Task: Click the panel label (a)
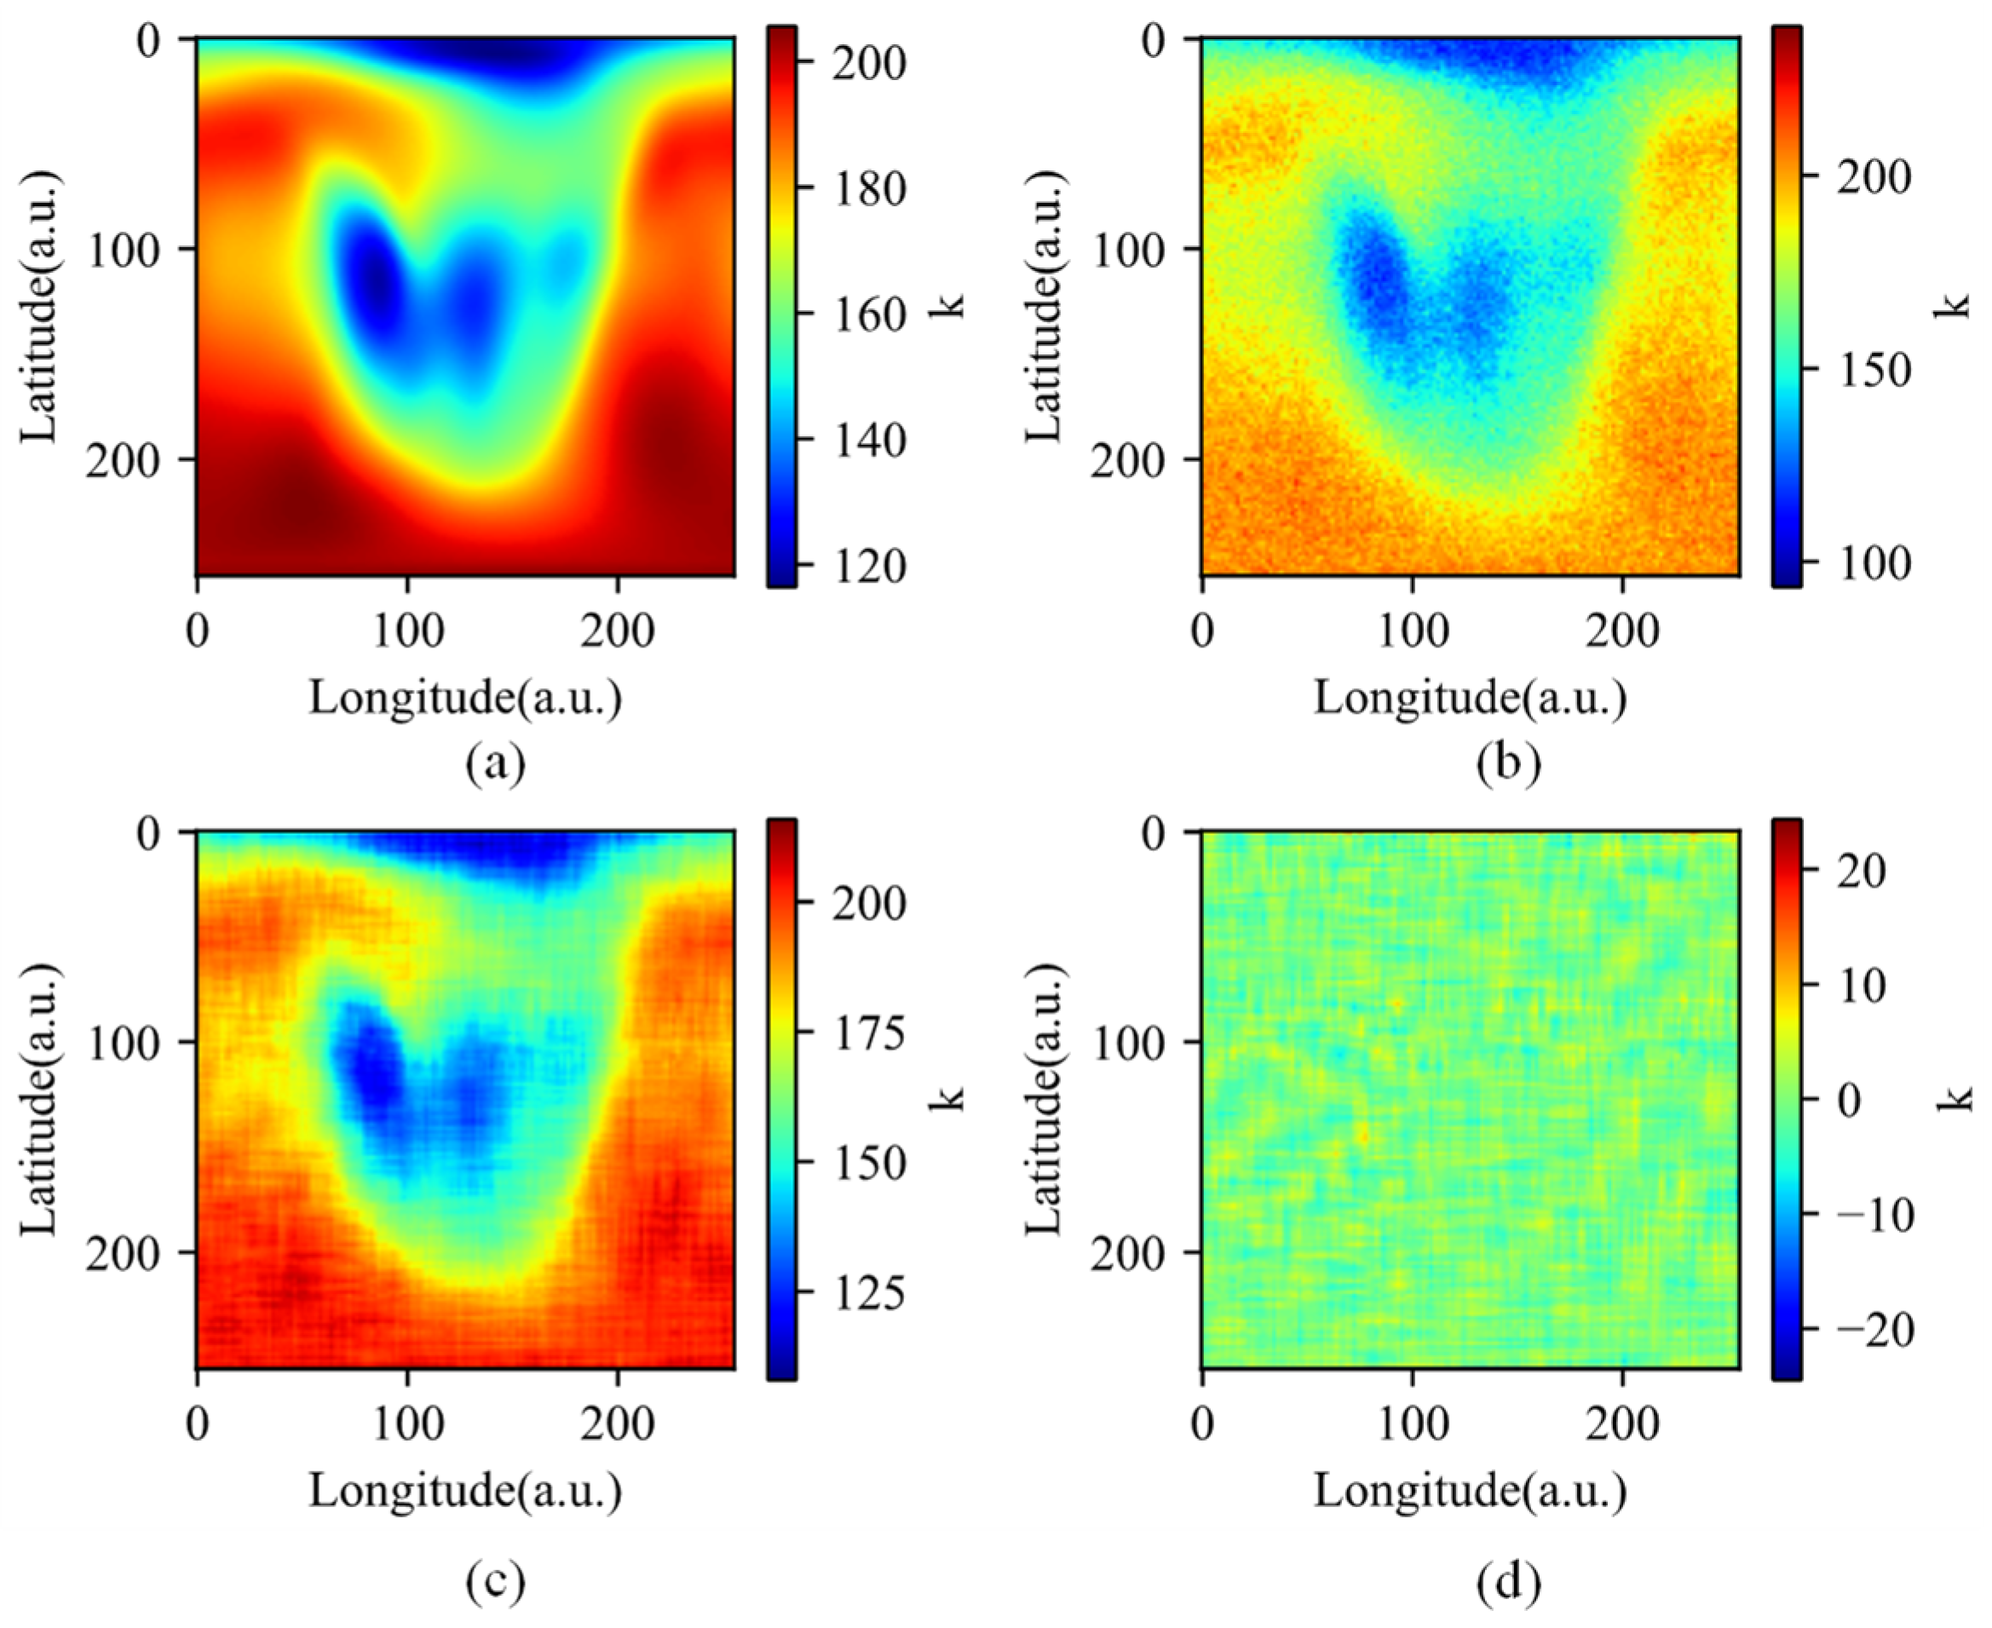496,763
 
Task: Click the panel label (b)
1508,763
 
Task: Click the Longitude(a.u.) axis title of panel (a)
466,698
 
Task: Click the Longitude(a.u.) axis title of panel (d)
1471,1490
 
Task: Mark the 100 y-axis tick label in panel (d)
1124,1043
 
